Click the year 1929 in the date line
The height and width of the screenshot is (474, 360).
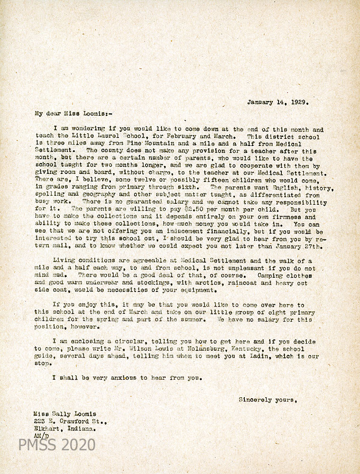tap(299, 101)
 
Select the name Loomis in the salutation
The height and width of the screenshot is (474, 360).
tap(87, 114)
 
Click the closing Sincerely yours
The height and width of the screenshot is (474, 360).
tap(268, 400)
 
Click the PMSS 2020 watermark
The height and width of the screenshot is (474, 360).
tap(57, 445)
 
